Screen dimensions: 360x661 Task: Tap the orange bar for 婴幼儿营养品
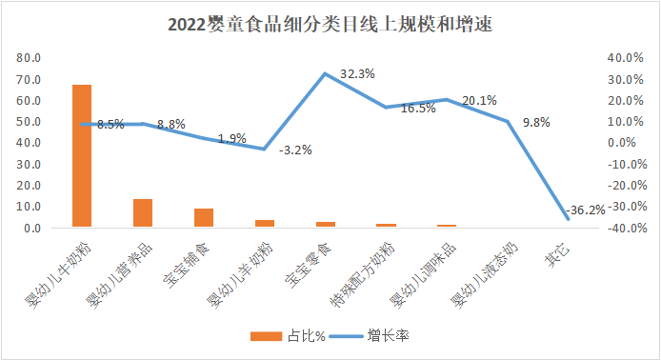tap(143, 213)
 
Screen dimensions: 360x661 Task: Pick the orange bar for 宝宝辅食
tap(204, 218)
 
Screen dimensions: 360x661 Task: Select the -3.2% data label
tap(295, 150)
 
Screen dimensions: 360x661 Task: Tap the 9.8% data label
tap(538, 122)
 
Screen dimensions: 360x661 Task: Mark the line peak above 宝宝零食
tap(326, 73)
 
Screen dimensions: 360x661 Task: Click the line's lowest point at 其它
tap(569, 219)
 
